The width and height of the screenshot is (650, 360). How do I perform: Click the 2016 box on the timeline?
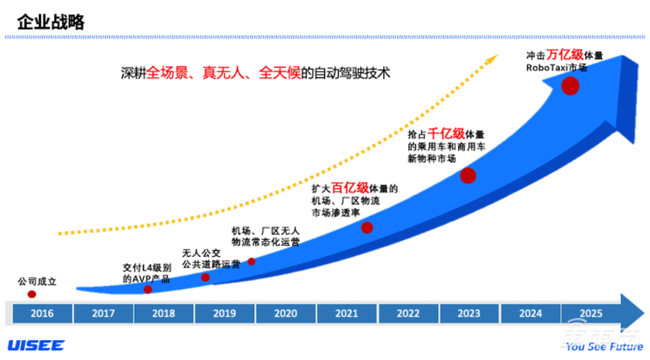[42, 313]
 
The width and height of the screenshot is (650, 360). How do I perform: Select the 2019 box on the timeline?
[225, 313]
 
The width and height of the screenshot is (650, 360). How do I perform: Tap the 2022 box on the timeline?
[408, 313]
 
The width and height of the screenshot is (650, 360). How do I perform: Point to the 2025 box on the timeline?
[590, 313]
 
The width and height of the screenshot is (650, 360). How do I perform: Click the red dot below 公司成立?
[32, 294]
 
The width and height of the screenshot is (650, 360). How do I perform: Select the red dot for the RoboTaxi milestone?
[570, 86]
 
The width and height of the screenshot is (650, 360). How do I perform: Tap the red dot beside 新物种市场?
[468, 176]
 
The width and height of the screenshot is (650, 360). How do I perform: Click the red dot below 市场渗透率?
[367, 227]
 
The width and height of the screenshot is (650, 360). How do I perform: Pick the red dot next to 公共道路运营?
[205, 277]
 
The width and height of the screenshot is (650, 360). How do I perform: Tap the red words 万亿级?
[564, 55]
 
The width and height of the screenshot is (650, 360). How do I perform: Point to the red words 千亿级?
[445, 133]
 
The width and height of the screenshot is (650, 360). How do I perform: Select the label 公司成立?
[37, 281]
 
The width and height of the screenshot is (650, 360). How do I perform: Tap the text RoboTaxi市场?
[557, 67]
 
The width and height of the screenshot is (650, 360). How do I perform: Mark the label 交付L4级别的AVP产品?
[147, 274]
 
